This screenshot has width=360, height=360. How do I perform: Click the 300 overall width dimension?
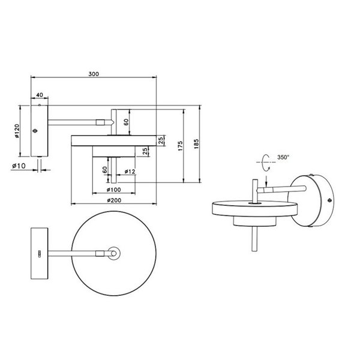(x=93, y=74)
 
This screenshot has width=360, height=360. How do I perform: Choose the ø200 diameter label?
(x=113, y=200)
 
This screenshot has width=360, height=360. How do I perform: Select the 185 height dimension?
(x=197, y=144)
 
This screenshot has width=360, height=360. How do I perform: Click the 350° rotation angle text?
(x=283, y=157)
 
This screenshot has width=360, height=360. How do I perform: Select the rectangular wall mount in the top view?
(x=40, y=254)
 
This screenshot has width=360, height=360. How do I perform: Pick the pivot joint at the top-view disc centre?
(x=113, y=254)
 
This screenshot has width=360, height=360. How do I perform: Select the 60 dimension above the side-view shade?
(x=126, y=122)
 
